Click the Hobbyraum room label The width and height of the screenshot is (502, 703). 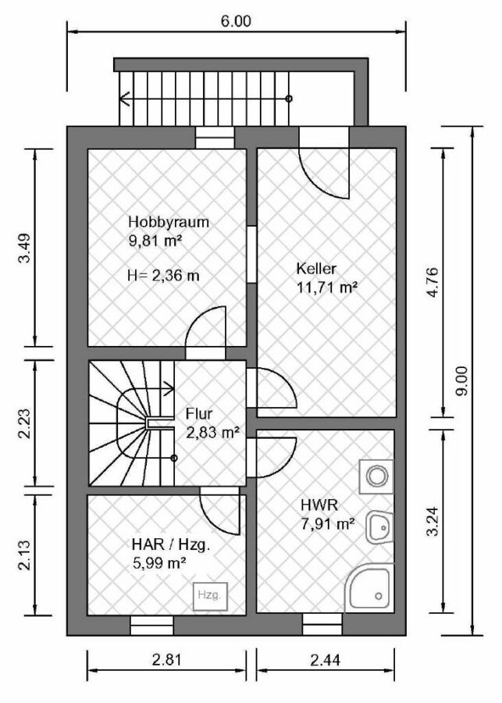coord(169,222)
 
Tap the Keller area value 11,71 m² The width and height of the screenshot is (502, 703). coord(327,287)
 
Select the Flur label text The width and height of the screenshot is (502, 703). coord(199,414)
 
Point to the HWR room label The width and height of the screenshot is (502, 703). coord(319,505)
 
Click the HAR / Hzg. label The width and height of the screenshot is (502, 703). coord(171,544)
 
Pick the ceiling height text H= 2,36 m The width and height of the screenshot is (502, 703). coord(164,275)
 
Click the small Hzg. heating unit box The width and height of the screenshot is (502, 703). coord(210,596)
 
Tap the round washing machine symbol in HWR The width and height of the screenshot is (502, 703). coord(377,476)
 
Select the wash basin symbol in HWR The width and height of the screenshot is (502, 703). coord(380,527)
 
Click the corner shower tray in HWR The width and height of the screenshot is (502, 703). coord(369,587)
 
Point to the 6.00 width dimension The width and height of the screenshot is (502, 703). coord(236,21)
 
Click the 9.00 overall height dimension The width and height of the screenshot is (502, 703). coord(461,380)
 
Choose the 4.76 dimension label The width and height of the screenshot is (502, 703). coord(433,284)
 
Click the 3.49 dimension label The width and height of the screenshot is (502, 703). coord(24,248)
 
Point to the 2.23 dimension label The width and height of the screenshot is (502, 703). coord(24,423)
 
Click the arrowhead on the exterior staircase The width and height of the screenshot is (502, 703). coord(125,98)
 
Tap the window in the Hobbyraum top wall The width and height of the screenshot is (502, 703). coord(215,137)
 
